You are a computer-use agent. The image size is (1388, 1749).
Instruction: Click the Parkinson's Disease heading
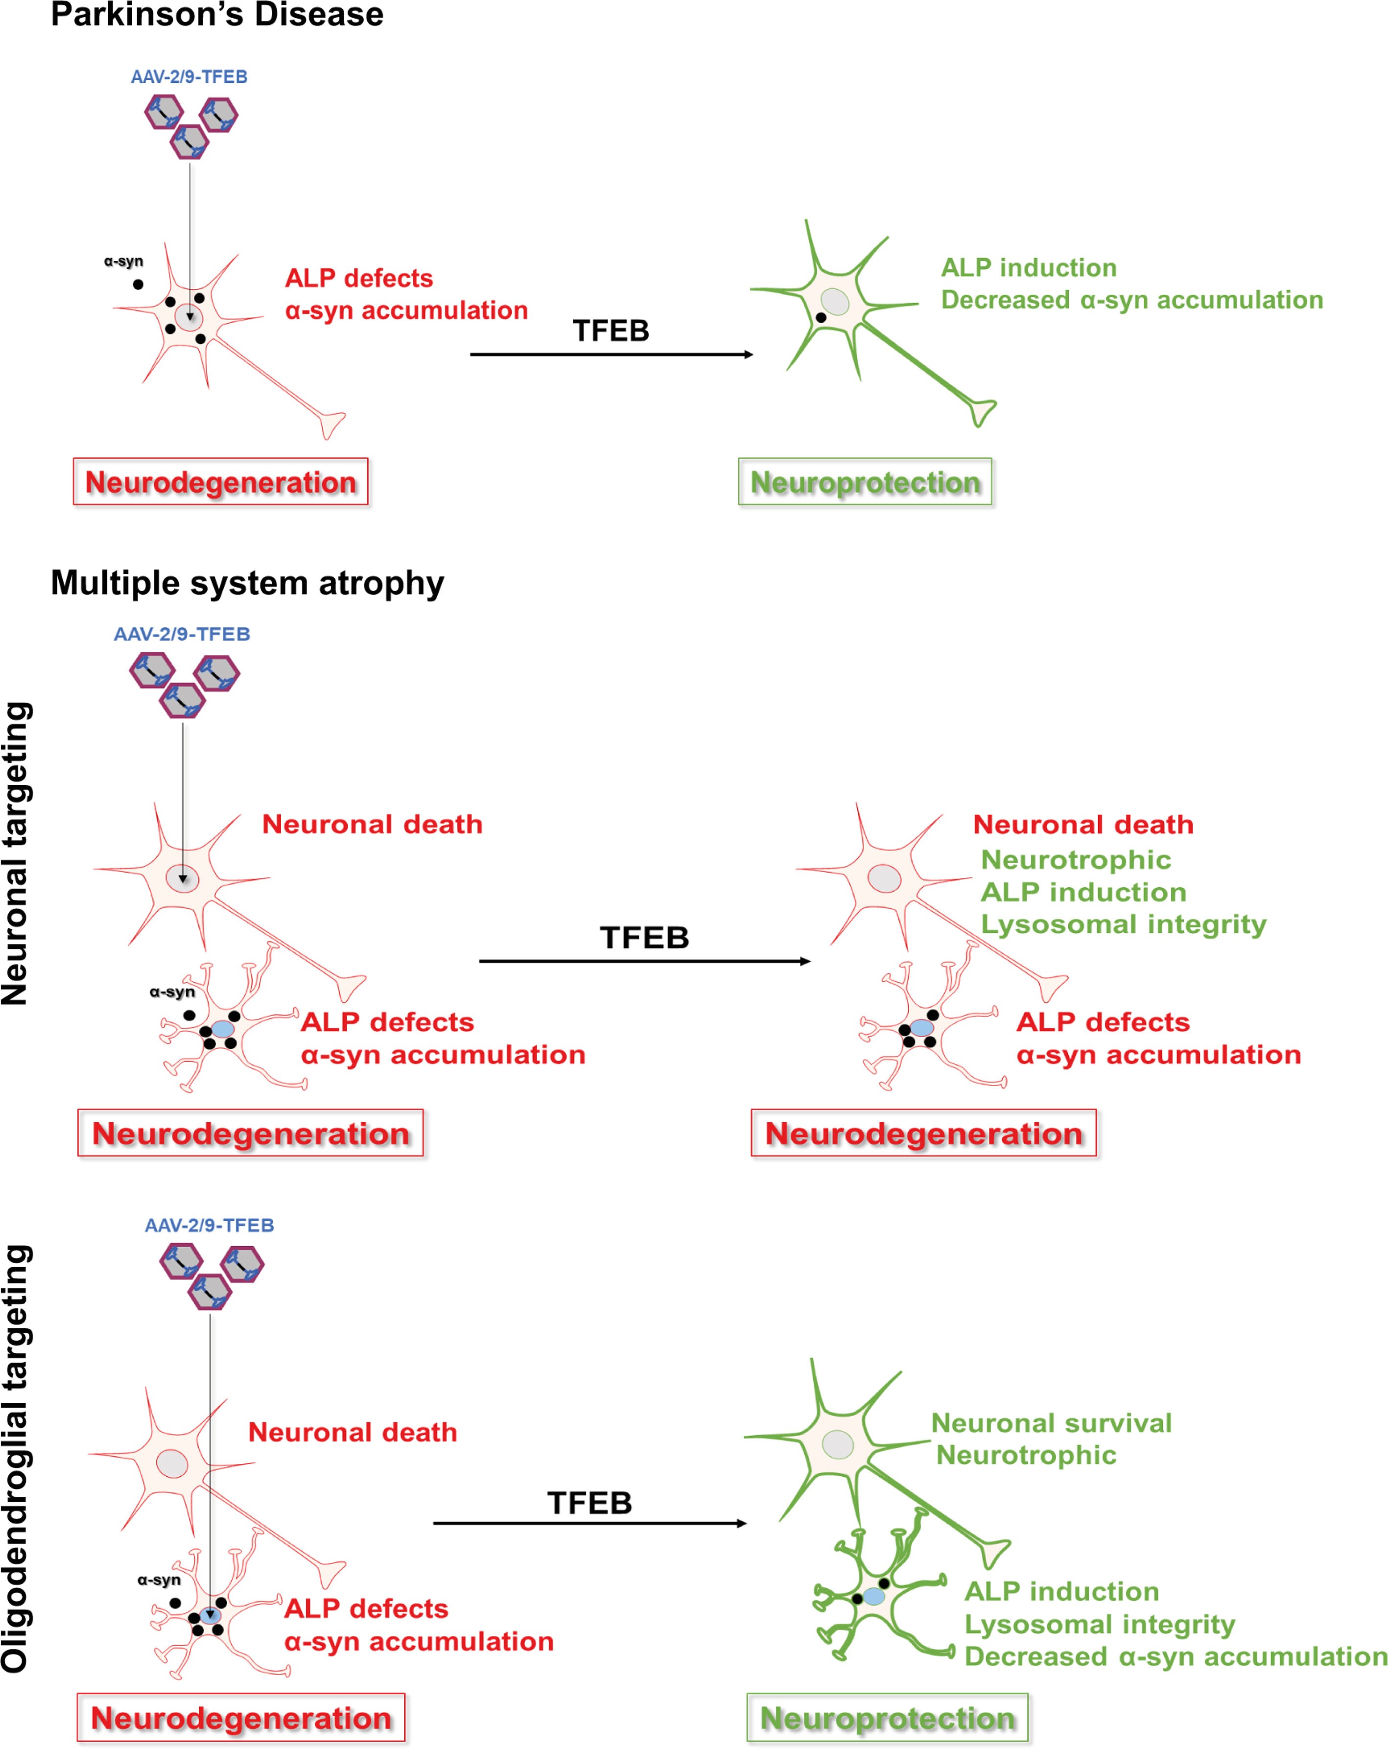216,15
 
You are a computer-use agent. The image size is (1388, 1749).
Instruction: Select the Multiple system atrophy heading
247,583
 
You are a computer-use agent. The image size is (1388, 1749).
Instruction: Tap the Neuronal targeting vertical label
16,853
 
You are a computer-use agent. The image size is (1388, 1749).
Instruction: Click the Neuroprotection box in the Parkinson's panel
864,482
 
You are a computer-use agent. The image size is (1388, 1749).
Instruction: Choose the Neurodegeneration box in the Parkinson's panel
221,482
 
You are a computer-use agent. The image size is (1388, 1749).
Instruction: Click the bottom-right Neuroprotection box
887,1717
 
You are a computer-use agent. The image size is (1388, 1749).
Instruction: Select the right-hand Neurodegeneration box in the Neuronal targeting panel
923,1134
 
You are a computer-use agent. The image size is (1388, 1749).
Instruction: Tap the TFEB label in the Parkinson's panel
611,331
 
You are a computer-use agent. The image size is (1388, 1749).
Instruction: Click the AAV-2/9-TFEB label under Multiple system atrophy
182,635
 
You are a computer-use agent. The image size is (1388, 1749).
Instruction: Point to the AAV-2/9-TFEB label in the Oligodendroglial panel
209,1225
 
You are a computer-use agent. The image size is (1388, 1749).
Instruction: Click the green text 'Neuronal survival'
1051,1423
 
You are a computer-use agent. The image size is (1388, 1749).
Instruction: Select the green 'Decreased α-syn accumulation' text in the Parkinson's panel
1131,300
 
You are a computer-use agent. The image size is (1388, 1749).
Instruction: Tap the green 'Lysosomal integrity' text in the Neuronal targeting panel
1123,924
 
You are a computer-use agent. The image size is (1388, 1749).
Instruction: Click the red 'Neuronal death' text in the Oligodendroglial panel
352,1432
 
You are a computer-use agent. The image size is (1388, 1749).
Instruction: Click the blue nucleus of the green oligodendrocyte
874,1597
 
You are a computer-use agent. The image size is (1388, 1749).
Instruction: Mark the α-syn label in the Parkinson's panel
123,261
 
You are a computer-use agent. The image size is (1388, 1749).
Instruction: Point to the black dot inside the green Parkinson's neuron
821,318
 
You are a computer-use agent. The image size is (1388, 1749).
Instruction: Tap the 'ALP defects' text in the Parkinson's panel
358,278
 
